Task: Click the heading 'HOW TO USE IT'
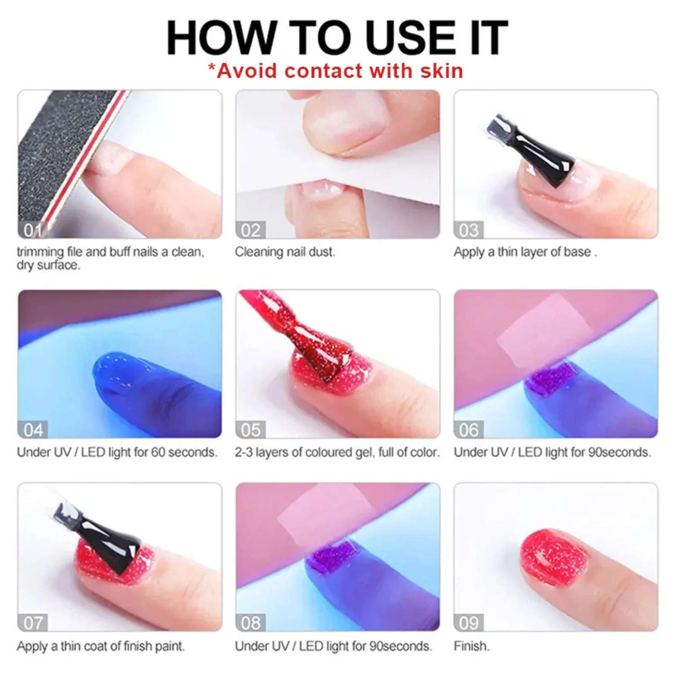click(337, 38)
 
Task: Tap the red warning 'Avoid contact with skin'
click(336, 71)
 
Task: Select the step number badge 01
click(32, 230)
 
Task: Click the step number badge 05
click(250, 430)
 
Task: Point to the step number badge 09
click(468, 623)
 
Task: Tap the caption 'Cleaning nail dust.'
click(285, 252)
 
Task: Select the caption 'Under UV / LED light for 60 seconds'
click(117, 452)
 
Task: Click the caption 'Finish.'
click(471, 646)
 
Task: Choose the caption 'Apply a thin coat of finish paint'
click(101, 646)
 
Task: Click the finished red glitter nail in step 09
click(553, 557)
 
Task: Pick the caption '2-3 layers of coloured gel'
click(337, 452)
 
